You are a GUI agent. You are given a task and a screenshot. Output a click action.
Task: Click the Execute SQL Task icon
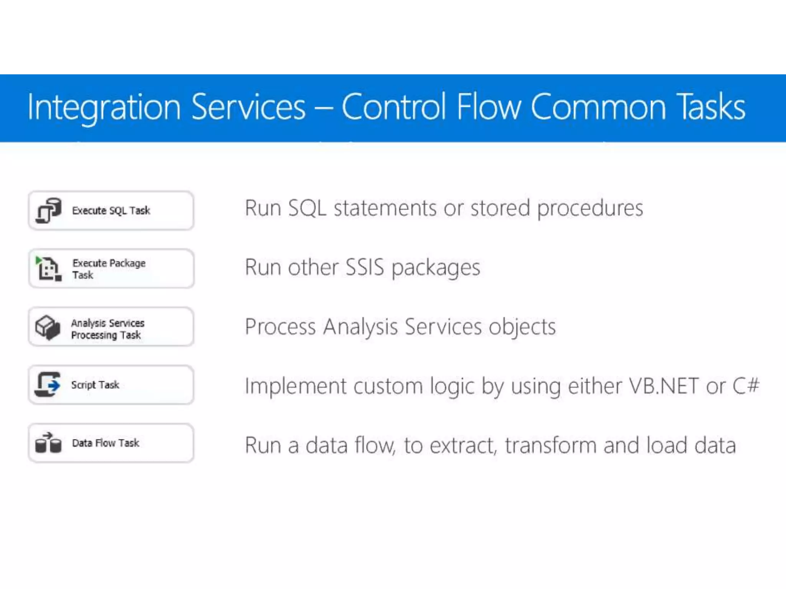48,211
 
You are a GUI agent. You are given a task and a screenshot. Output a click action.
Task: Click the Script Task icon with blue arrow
48,385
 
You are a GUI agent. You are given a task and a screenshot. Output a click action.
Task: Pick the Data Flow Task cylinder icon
48,443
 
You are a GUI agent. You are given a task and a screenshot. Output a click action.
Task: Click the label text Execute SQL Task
111,211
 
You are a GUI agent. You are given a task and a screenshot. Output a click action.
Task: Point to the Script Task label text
95,385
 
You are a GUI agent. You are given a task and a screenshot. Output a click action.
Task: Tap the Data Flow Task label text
106,443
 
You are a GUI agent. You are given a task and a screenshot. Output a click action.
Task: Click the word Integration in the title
104,107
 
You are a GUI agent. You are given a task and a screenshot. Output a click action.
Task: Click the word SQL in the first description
307,208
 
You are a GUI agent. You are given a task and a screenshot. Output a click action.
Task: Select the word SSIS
365,267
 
